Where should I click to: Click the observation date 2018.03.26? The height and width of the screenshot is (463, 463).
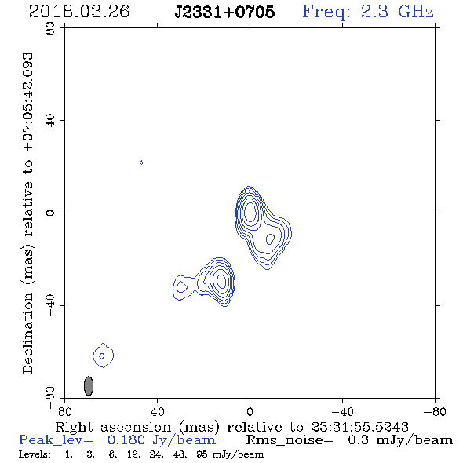coord(79,12)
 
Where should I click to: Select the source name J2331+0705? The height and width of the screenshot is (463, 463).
coord(224,12)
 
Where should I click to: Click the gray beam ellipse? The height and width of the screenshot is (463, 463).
coord(89,385)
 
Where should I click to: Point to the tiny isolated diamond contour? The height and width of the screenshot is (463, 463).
coord(141,162)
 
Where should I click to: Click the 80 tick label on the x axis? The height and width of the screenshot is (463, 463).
coord(64,411)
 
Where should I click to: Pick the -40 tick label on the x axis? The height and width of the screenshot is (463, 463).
coord(342,411)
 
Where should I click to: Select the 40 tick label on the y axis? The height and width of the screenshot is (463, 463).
coord(50,120)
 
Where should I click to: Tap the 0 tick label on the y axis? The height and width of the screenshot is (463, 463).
coord(50,213)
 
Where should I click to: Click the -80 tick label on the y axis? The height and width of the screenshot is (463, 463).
coord(50,398)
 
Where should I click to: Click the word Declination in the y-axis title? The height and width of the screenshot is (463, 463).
coord(27,333)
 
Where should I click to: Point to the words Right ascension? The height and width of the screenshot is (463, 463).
coord(113,427)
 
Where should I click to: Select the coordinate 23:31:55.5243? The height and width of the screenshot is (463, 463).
coord(359,427)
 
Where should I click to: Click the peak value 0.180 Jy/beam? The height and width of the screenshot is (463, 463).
coord(161,440)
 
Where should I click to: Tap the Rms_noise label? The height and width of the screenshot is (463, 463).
coord(290,440)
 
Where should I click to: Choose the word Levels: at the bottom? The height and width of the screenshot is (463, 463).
coord(35,454)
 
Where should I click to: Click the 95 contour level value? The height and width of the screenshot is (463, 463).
coord(202,454)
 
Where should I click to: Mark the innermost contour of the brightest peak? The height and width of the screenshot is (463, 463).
coord(250,211)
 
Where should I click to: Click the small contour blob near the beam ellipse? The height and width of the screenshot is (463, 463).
coord(103,355)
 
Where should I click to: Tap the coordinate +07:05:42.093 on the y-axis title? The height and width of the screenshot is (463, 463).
coord(27,103)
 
